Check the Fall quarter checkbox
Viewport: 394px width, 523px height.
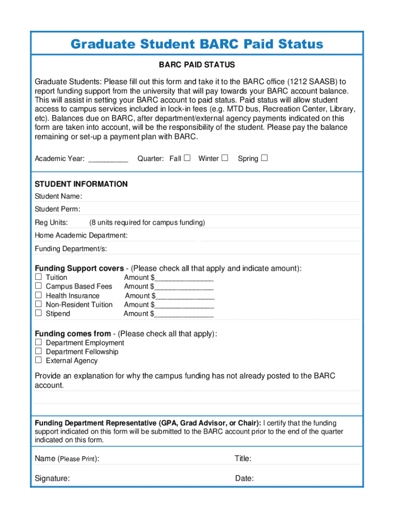(187, 158)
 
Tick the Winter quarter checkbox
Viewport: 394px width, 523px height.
(225, 158)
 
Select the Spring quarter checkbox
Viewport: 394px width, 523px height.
(264, 158)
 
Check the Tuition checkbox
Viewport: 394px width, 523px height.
(38, 277)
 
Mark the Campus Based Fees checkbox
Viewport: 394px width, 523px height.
(38, 286)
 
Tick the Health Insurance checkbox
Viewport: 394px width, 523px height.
(38, 295)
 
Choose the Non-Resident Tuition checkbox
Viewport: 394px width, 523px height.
(38, 304)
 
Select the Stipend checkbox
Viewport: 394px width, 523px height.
(38, 313)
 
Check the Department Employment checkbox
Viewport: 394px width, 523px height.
(38, 342)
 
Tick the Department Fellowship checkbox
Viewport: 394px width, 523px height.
(38, 351)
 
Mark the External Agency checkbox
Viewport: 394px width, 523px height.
(38, 360)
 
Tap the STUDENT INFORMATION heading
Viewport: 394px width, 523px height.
(81, 184)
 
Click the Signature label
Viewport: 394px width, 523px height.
(52, 479)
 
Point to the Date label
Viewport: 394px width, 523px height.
(244, 479)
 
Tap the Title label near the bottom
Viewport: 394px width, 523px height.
(243, 459)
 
